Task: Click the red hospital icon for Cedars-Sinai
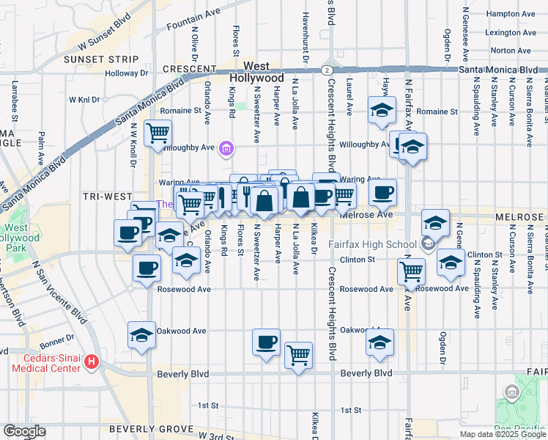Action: [92, 361]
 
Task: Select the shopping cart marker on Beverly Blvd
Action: [298, 356]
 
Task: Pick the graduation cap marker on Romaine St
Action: [381, 110]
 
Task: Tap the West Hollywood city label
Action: [257, 71]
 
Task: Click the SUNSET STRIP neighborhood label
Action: [100, 59]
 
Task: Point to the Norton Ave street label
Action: [511, 51]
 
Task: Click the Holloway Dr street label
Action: [126, 73]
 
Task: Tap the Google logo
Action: [24, 431]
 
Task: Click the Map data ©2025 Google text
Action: [503, 434]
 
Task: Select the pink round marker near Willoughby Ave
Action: [227, 151]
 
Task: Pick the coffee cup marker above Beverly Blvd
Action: [266, 342]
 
